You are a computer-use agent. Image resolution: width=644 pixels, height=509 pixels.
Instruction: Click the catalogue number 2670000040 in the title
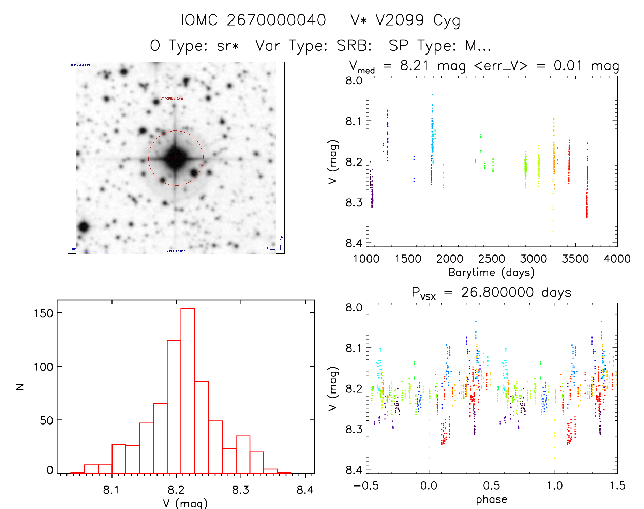click(276, 20)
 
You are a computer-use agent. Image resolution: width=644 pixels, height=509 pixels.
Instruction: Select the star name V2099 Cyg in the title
click(418, 20)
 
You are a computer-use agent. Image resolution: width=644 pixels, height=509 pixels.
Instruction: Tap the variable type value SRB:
click(354, 46)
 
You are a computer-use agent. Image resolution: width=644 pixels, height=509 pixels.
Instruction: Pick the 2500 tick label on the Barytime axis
click(492, 259)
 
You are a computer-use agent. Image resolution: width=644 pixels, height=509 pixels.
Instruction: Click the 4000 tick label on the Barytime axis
click(617, 259)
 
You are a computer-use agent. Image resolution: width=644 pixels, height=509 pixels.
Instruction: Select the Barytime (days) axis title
click(491, 273)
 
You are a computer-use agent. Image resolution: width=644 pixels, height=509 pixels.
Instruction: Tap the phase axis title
click(491, 499)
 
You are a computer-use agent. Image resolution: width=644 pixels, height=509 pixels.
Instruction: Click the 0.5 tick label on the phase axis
click(492, 486)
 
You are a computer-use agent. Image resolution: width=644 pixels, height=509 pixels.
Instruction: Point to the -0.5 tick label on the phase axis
click(366, 486)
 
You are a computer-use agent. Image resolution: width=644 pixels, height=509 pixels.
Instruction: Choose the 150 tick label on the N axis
click(43, 313)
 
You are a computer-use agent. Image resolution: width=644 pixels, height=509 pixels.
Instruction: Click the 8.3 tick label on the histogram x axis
click(241, 490)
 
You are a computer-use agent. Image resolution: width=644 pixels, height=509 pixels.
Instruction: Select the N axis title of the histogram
click(20, 387)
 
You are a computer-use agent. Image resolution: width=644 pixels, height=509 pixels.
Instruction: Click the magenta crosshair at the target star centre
click(176, 158)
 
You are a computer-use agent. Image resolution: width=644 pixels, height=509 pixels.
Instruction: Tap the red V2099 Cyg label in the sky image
click(171, 98)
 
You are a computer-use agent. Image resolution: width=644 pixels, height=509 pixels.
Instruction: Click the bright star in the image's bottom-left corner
click(83, 227)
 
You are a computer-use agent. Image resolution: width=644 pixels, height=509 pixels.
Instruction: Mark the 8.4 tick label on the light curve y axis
click(354, 243)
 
